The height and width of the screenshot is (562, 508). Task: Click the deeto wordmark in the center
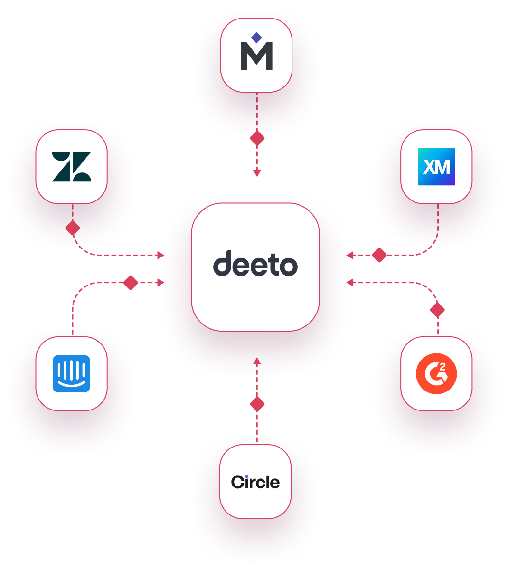(x=255, y=264)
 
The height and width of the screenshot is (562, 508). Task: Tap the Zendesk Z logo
(x=71, y=167)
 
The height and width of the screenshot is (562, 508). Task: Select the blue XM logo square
(x=436, y=167)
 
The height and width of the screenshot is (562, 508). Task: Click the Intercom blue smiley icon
(x=71, y=373)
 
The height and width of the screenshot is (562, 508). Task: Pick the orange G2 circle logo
(x=436, y=373)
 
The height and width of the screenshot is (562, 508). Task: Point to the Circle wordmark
(x=255, y=482)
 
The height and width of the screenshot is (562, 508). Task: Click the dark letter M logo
(x=256, y=58)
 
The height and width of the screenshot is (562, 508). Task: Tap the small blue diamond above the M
(x=256, y=38)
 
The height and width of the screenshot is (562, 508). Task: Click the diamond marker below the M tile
(x=257, y=138)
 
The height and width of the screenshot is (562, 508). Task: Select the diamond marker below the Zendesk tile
(x=73, y=228)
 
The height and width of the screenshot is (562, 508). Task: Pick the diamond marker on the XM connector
(x=379, y=255)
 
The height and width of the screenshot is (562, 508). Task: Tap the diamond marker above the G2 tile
(x=437, y=310)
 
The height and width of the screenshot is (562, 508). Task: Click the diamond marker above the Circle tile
(x=257, y=404)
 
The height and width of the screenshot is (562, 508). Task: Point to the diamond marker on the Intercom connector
(x=130, y=283)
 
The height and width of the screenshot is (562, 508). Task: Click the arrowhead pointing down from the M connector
(x=257, y=173)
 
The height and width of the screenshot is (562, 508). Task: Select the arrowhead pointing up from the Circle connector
(x=257, y=361)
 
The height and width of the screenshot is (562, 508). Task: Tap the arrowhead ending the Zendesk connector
(x=160, y=255)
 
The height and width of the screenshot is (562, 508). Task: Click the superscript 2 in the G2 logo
(x=443, y=367)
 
